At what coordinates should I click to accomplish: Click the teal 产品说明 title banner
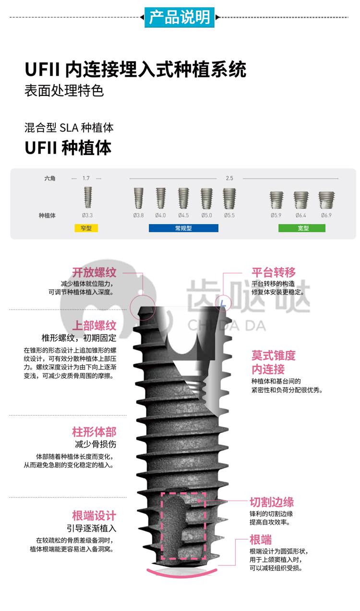tap(179, 17)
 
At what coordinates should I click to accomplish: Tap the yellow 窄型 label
tap(86, 228)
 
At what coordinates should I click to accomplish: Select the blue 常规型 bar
tap(183, 228)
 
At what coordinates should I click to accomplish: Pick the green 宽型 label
tap(302, 228)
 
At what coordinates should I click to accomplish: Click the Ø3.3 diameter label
tap(87, 216)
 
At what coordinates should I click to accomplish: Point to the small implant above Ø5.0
tap(206, 199)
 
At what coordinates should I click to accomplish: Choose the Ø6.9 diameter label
tap(326, 216)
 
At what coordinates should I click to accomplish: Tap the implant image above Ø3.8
tap(139, 198)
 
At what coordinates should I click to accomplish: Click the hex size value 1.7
tap(86, 178)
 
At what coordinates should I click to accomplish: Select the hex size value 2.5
tap(229, 178)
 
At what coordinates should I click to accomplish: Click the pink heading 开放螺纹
tap(95, 273)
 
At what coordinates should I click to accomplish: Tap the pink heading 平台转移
tap(274, 273)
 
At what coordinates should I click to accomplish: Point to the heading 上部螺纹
tap(95, 326)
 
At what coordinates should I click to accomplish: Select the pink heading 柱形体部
tap(95, 432)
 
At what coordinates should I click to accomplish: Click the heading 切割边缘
tap(272, 502)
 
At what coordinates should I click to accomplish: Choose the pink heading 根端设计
tap(95, 516)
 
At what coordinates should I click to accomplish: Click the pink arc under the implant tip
tap(182, 576)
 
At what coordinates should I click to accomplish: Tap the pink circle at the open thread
tap(130, 307)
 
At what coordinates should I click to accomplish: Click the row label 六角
tap(50, 179)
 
